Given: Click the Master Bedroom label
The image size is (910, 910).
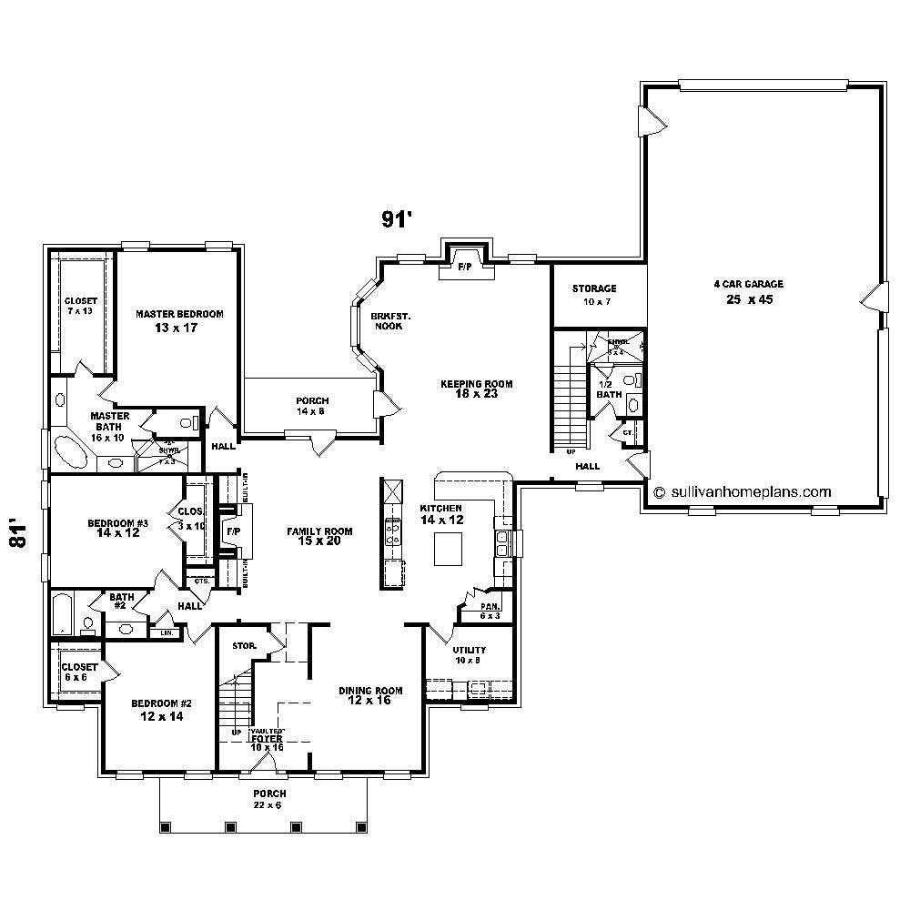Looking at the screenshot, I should coord(179,320).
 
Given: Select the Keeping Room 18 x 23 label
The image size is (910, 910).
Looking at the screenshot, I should coord(476,389).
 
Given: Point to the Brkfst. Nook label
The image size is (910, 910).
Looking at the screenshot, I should coord(390,320).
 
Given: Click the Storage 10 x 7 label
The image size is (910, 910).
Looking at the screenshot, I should coord(594,294).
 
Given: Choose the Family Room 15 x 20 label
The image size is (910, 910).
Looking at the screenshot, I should coord(319,537).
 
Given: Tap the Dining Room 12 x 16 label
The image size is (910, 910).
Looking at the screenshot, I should coord(370,695).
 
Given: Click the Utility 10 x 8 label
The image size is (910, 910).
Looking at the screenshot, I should coord(470,655).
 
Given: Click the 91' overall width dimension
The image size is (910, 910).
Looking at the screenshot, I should coord(397,218).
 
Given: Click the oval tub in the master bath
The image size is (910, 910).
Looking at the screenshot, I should coord(70,450).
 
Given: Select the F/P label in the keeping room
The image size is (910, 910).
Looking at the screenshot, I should coord(464,267).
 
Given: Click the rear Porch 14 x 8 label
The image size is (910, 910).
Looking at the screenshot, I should coord(312,406).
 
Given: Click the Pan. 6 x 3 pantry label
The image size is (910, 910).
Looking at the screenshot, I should coord(490,611).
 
